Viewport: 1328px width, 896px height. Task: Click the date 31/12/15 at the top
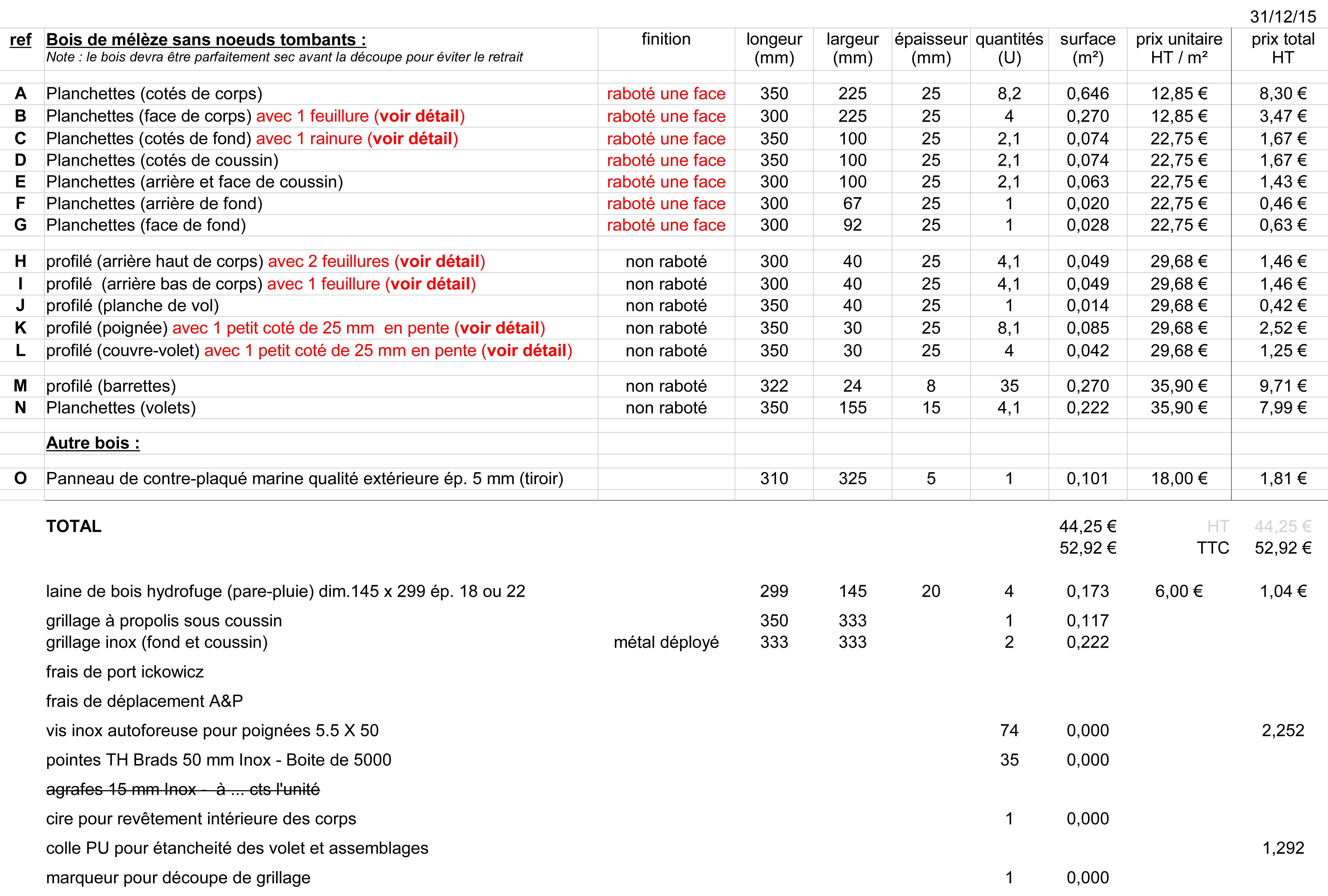click(1282, 17)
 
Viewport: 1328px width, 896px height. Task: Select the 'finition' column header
click(666, 39)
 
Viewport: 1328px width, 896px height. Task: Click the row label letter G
click(21, 225)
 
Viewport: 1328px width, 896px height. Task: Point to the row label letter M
click(21, 386)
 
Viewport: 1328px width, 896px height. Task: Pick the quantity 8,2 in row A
click(1009, 94)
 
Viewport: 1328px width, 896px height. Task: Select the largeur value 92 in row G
click(852, 225)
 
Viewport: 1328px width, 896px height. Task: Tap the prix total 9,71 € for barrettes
click(1282, 386)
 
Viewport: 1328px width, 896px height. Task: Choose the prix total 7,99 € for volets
click(1282, 408)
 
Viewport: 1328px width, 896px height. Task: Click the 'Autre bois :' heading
click(93, 443)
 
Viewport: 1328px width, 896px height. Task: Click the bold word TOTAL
click(74, 526)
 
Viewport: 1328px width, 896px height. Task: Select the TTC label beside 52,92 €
click(1213, 548)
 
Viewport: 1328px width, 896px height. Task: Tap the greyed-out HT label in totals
click(1218, 526)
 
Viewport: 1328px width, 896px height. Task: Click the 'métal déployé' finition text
click(666, 642)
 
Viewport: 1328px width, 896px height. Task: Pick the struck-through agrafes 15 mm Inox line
click(183, 790)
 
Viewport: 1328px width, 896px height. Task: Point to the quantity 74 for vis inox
click(1009, 731)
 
